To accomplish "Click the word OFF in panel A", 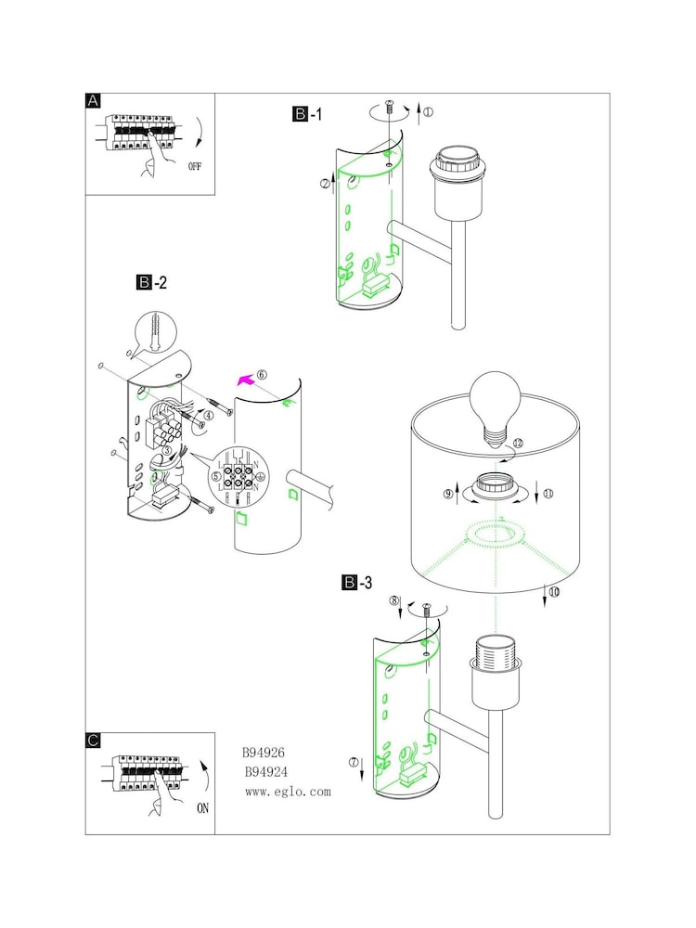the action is [195, 166].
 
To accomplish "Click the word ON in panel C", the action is [202, 808].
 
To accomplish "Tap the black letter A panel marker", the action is [93, 101].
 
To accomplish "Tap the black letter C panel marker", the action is [93, 741].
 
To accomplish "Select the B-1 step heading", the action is [308, 113].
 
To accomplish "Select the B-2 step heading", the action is [151, 282].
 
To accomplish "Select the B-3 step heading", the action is [357, 583].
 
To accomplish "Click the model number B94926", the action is [264, 753].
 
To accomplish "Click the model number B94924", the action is [266, 772].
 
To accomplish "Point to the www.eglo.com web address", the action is [289, 792].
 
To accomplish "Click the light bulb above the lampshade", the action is [496, 408].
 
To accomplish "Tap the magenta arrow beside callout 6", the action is [246, 380].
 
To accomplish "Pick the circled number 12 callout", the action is [519, 443].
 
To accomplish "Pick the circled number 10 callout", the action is [555, 591].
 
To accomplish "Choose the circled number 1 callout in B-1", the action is [428, 111].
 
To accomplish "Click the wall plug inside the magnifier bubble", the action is [156, 332].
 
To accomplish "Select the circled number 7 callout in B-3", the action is [354, 762].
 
